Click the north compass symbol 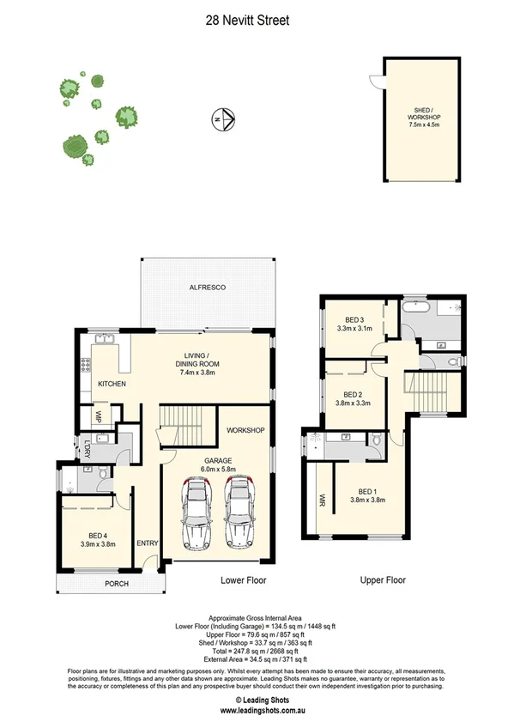(x=221, y=119)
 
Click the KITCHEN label (x=112, y=383)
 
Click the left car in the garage (x=197, y=515)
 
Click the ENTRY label (x=147, y=542)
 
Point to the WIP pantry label (x=100, y=419)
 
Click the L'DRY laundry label (x=88, y=448)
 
